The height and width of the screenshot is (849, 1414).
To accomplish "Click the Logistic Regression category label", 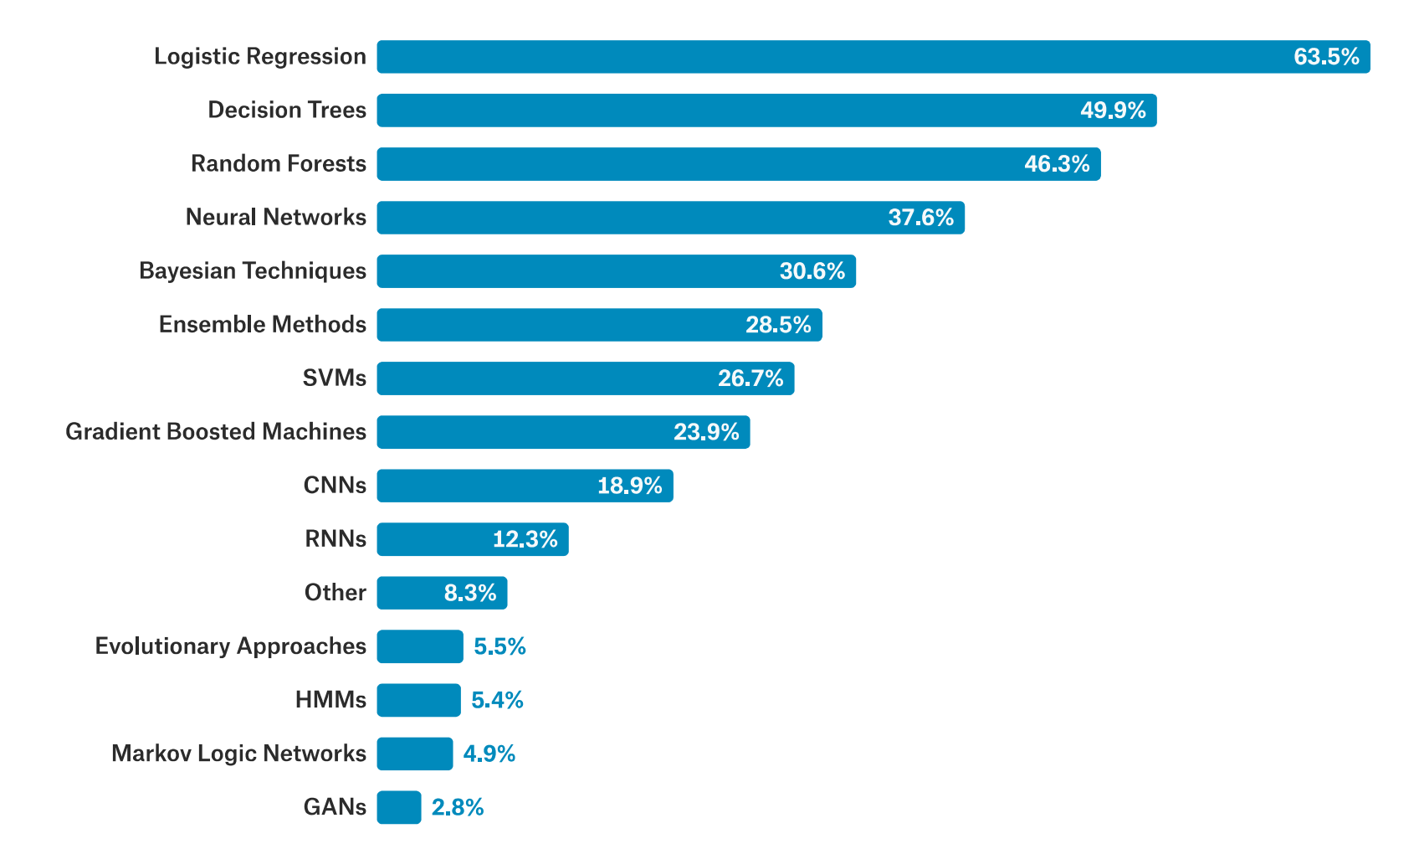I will coord(260,57).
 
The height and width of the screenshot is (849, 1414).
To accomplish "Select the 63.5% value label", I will coord(1326,57).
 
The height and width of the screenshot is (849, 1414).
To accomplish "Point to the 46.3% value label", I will coord(1057,164).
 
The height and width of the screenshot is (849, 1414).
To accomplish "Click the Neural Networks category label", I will coord(276,218).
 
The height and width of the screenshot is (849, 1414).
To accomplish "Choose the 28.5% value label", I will coord(778,325).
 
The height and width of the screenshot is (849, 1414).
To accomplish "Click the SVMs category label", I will coord(335,378).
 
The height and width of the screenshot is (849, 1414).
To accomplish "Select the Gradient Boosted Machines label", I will coord(216,432).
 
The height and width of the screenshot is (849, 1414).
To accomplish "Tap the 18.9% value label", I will coord(629,486).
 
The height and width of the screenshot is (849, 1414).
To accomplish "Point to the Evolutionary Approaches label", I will coord(231,646).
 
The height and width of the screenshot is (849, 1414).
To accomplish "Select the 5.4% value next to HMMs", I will coord(497,700).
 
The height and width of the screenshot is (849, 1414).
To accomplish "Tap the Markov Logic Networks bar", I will coord(415,754).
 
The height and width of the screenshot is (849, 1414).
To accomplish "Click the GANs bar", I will coord(399,807).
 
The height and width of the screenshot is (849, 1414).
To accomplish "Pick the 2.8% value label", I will coord(458,807).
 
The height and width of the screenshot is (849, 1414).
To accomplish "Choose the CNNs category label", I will coord(335,486).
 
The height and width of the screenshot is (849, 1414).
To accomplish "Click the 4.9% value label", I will coord(489,754).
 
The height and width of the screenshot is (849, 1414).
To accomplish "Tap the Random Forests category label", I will coord(279,164).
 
